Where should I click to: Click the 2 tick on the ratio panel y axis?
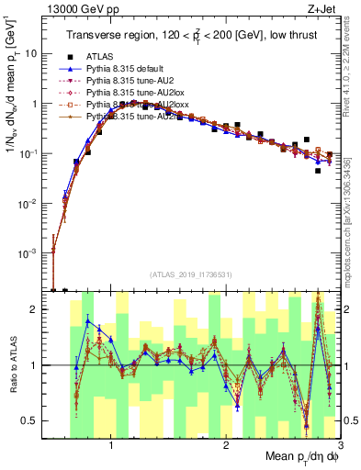[38, 309]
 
